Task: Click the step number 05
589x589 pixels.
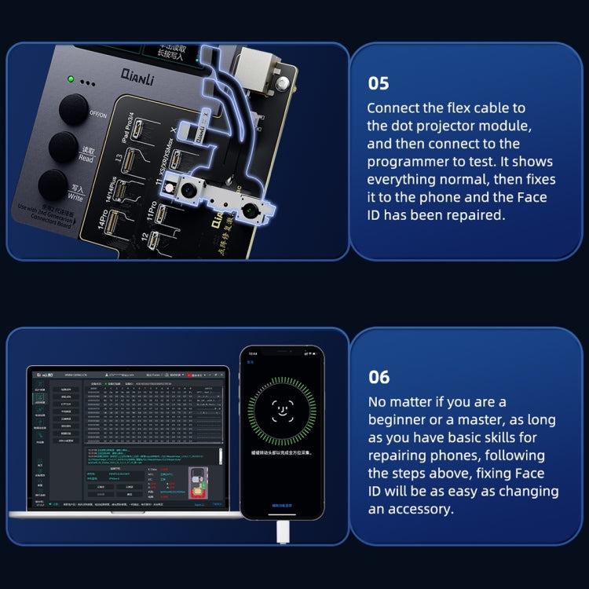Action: coord(378,83)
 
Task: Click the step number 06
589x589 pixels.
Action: coord(379,377)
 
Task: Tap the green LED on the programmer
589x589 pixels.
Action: coord(71,79)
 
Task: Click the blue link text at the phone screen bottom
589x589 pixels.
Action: coord(281,506)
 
